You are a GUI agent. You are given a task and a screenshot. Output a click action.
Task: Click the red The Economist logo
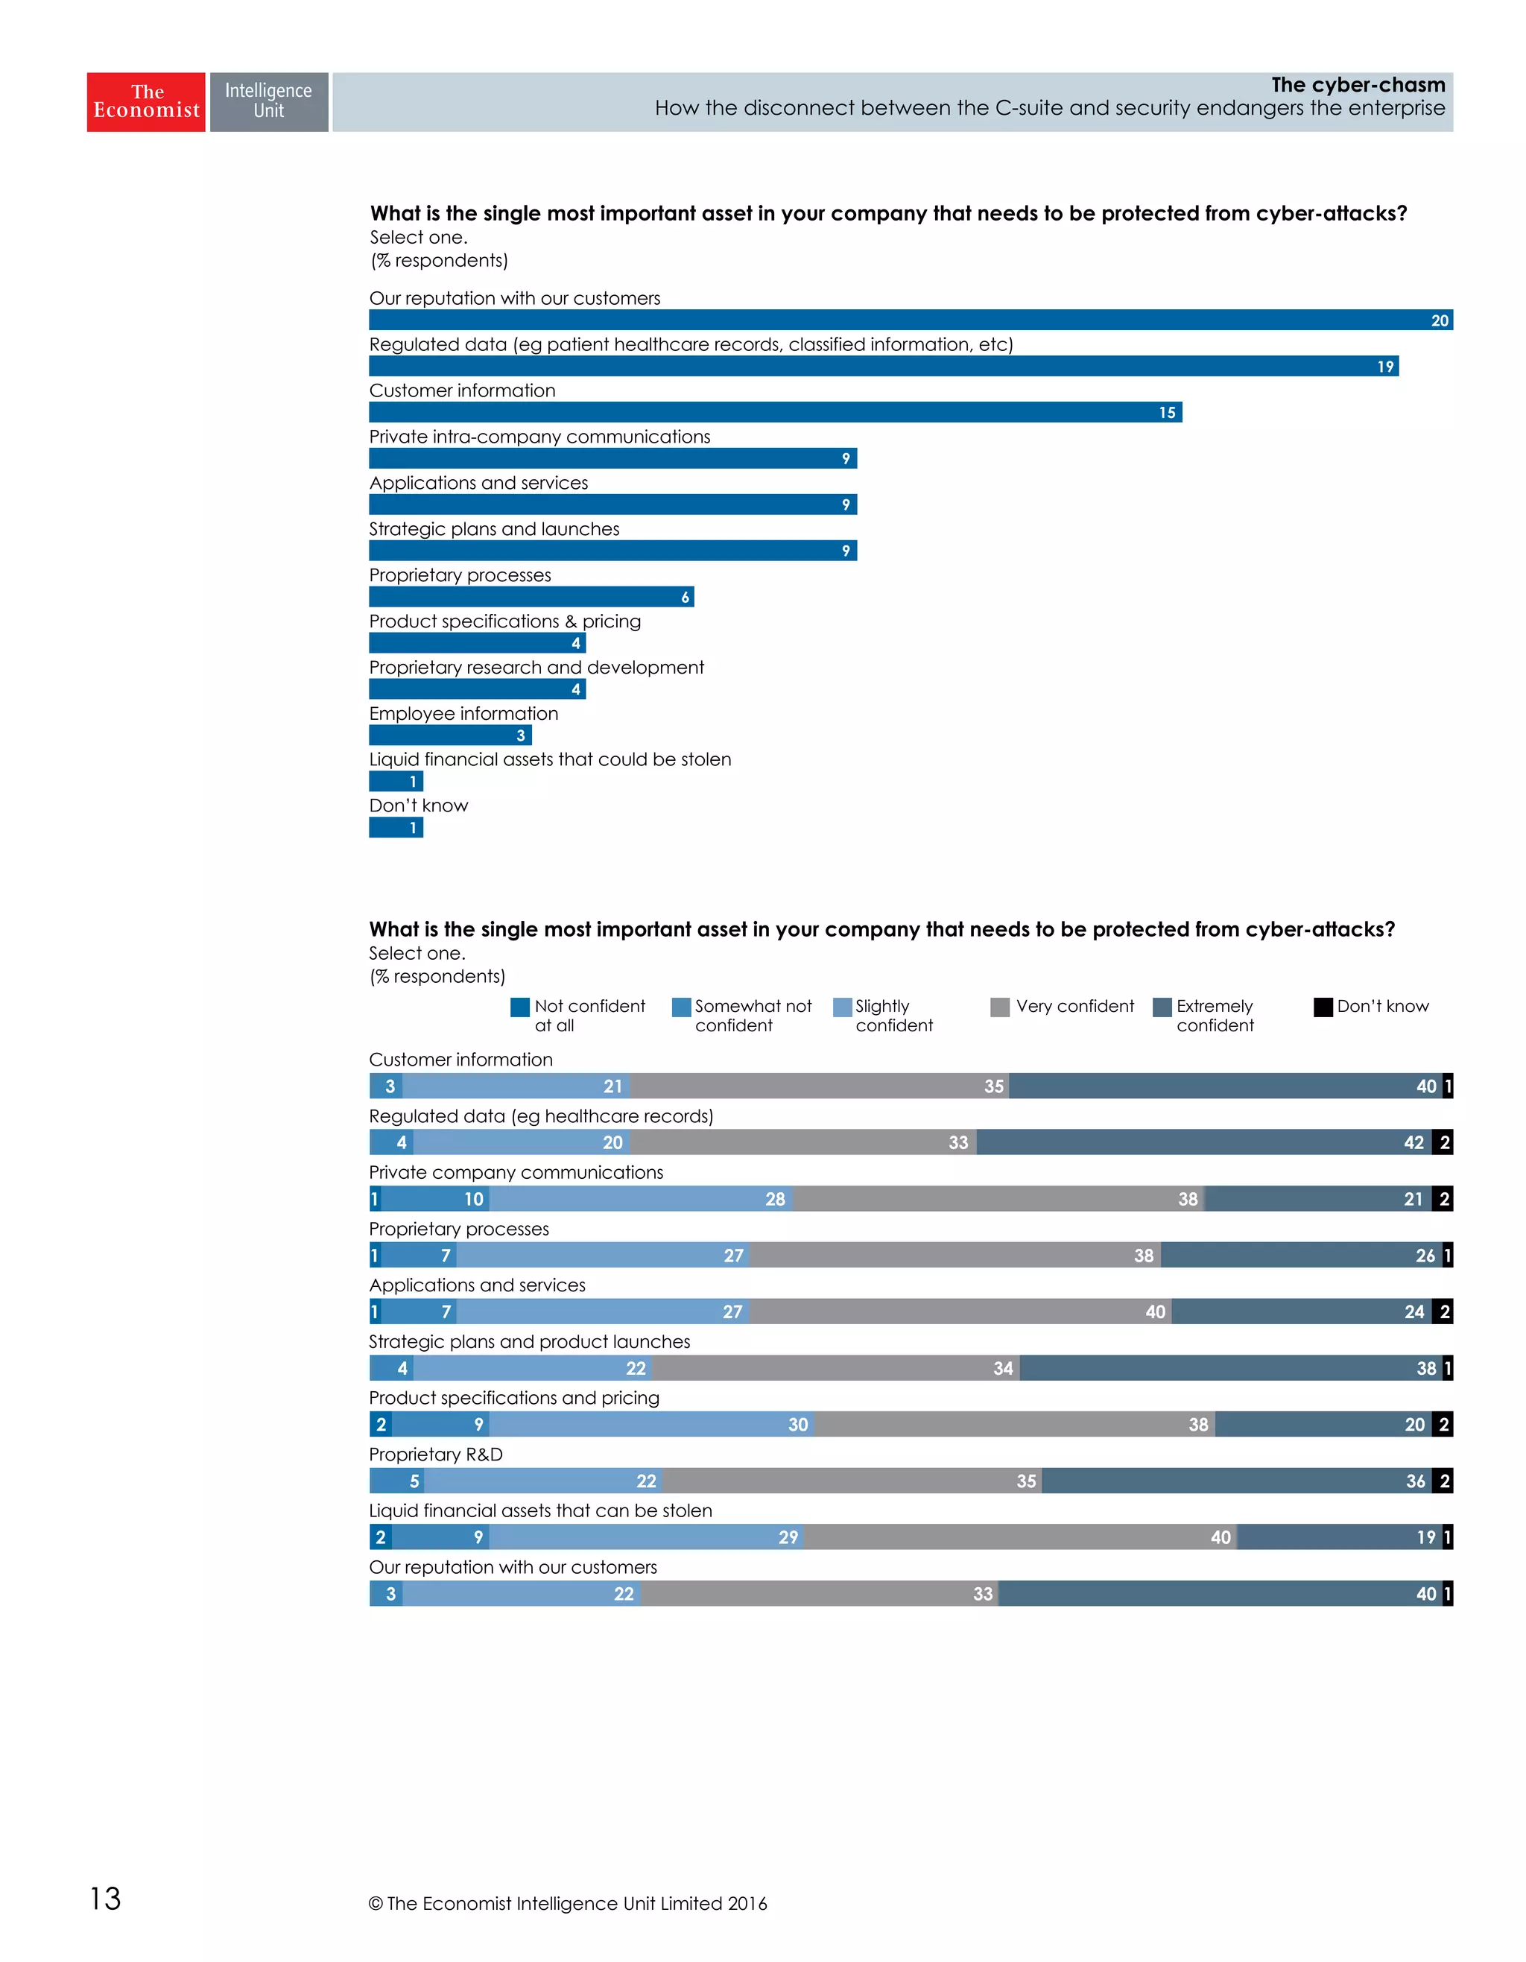[145, 101]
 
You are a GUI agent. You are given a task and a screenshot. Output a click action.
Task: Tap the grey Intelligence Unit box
[268, 101]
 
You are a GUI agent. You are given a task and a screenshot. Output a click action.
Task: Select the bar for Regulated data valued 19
[883, 367]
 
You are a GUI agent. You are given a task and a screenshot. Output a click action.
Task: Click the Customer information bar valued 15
[774, 412]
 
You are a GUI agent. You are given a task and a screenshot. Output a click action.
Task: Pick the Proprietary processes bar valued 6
[530, 597]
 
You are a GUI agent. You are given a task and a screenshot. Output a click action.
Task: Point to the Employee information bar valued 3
[449, 735]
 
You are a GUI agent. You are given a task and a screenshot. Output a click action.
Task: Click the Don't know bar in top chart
[395, 827]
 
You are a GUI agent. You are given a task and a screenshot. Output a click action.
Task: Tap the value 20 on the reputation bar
[1439, 320]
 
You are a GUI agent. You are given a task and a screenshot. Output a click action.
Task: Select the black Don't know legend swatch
[1322, 1007]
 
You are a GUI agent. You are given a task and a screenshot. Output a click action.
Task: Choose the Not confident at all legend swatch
[519, 1007]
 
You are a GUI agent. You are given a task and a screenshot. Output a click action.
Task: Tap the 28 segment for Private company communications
[642, 1198]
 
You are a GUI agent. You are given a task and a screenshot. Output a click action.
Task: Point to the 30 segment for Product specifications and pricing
[651, 1424]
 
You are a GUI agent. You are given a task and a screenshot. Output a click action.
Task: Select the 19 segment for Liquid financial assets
[1338, 1537]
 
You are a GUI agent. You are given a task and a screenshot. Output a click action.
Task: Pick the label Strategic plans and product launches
[529, 1341]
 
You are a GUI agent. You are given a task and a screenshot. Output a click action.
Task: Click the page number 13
[105, 1898]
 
